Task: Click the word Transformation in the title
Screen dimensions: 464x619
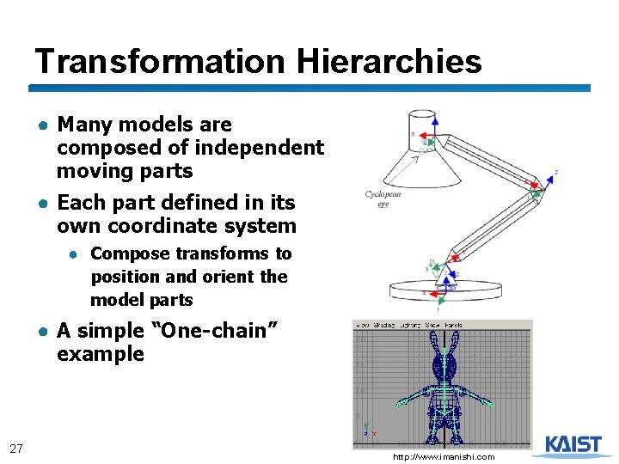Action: (160, 62)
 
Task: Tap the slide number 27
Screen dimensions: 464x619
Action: (15, 448)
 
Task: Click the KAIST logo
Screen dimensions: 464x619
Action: (573, 444)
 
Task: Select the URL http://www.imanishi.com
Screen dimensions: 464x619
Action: (444, 457)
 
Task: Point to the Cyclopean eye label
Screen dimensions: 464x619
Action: (383, 199)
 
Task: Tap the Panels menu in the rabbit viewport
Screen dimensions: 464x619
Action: (453, 325)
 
